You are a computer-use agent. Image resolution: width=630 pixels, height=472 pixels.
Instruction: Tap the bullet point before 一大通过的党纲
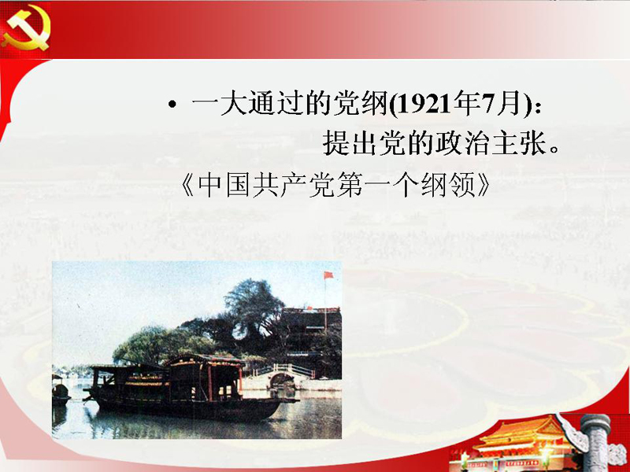tap(172, 105)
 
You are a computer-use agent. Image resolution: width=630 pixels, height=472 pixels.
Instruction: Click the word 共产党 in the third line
tap(293, 185)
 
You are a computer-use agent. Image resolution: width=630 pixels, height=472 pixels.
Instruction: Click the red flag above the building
tap(328, 275)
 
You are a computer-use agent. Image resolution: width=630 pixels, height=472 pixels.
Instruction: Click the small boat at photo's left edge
tap(60, 390)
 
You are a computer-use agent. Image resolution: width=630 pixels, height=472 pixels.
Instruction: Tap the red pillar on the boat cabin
tap(209, 383)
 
